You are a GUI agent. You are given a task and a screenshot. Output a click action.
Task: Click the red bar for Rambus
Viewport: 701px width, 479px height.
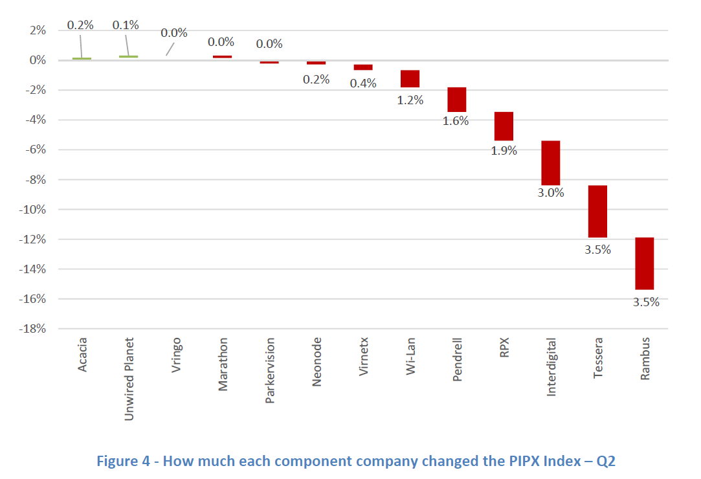pyautogui.click(x=644, y=263)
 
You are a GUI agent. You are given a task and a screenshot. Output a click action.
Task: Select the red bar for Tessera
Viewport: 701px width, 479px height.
pyautogui.click(x=597, y=212)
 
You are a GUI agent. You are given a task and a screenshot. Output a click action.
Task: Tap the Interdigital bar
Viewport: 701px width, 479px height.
pyautogui.click(x=550, y=162)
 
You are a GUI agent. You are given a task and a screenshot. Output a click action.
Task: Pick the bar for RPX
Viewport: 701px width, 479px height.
pyautogui.click(x=504, y=126)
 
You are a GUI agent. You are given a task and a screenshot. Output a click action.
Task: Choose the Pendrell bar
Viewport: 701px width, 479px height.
pyautogui.click(x=457, y=100)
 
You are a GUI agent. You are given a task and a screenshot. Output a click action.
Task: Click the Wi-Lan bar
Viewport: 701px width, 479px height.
pyautogui.click(x=410, y=78)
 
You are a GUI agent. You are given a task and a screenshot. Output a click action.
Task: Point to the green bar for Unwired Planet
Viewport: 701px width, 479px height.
pyautogui.click(x=128, y=57)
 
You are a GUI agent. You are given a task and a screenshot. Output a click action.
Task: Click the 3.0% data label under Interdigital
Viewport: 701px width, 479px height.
pyautogui.click(x=551, y=192)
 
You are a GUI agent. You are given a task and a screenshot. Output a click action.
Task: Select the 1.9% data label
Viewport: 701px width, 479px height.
pyautogui.click(x=504, y=151)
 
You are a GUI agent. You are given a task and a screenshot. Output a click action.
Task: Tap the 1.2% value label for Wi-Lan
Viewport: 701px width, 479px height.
pyautogui.click(x=410, y=100)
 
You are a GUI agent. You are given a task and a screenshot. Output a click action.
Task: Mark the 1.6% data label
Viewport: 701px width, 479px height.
pyautogui.click(x=456, y=121)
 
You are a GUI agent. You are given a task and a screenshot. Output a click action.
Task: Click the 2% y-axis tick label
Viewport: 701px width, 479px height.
pyautogui.click(x=38, y=30)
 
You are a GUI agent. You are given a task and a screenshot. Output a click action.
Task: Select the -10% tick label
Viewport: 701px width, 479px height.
pyautogui.click(x=33, y=210)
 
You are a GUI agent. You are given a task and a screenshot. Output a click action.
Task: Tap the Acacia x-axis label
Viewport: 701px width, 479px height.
pyautogui.click(x=82, y=355)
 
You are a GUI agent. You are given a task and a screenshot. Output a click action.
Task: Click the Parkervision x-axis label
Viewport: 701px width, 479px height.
pyautogui.click(x=270, y=370)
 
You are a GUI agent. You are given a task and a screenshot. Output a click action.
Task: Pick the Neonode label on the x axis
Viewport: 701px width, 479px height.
pyautogui.click(x=317, y=362)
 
